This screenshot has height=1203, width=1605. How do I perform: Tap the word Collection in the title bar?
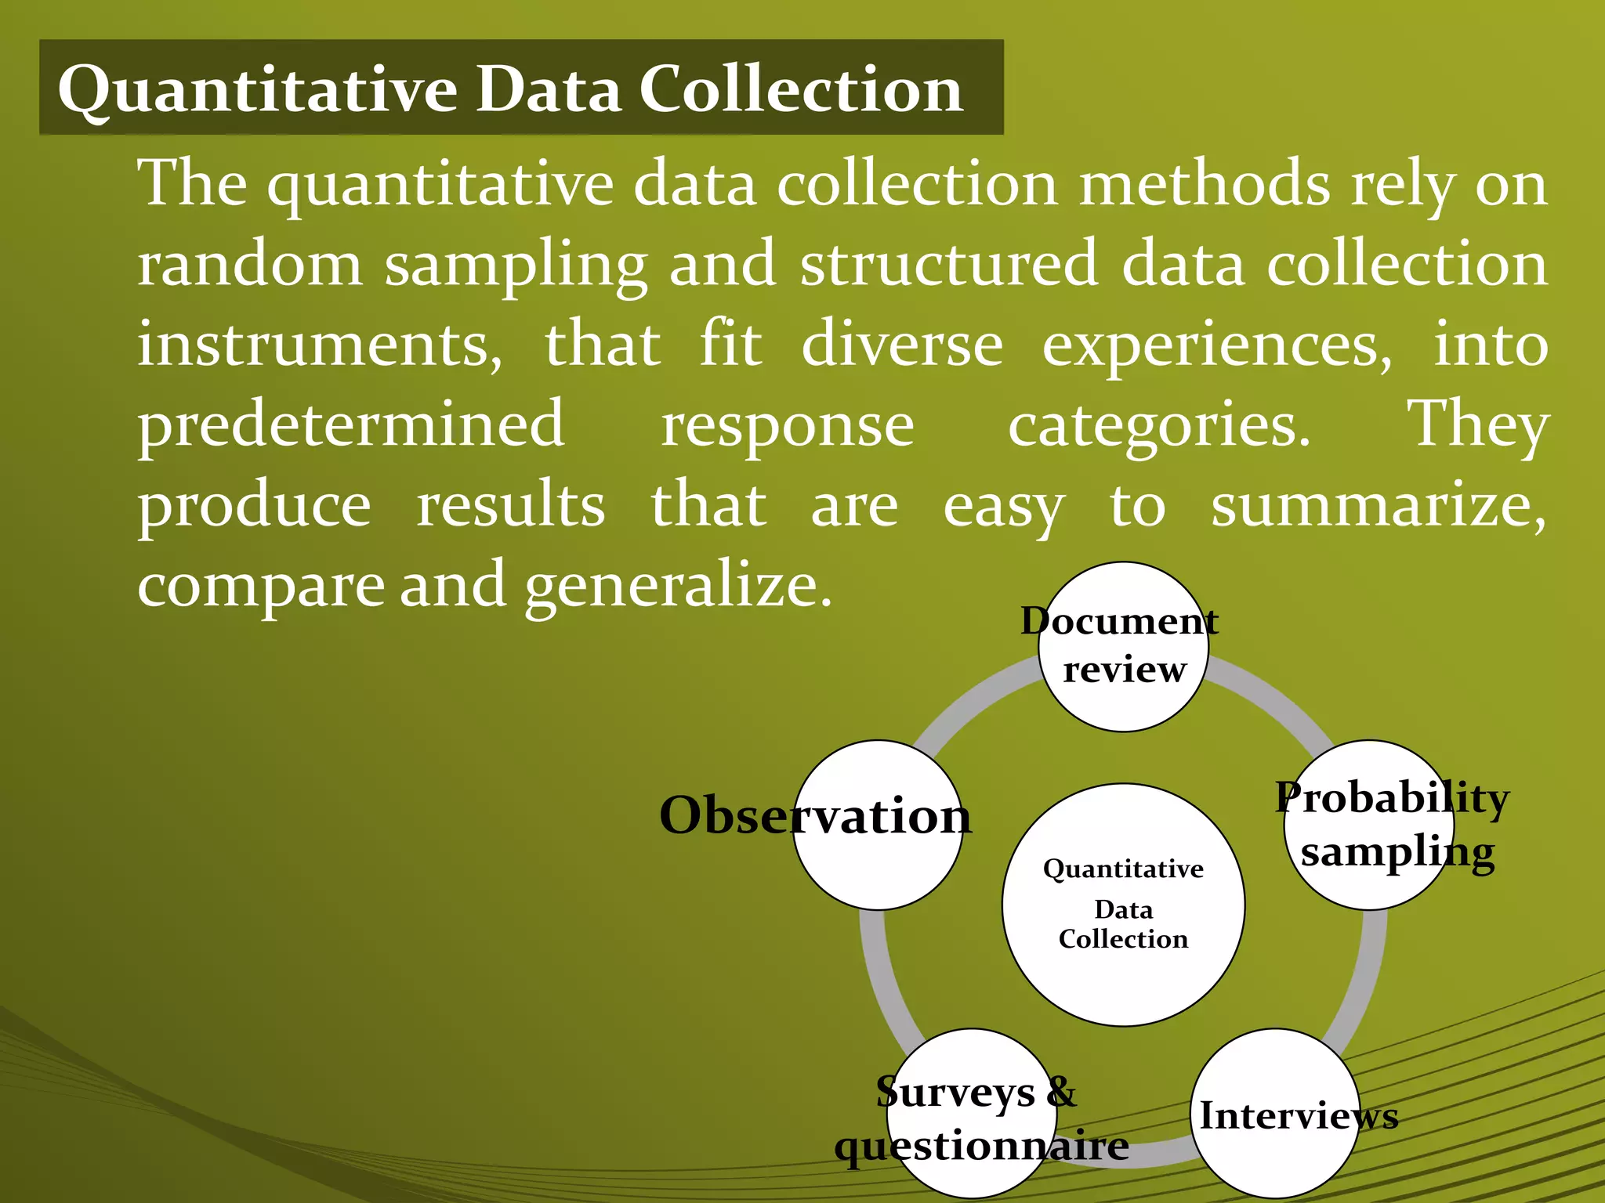[800, 89]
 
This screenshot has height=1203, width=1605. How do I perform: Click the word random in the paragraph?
[250, 265]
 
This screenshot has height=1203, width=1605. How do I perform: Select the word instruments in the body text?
[320, 345]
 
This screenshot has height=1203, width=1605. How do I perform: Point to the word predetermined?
[351, 425]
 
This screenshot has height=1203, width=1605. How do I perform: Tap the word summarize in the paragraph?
[1378, 506]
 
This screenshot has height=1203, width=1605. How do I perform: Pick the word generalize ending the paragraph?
[678, 587]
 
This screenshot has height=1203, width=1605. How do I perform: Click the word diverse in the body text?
[902, 345]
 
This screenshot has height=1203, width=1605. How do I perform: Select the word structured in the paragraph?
[948, 265]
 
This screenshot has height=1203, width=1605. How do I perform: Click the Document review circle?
[1123, 647]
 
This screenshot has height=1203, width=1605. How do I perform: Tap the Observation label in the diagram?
[815, 816]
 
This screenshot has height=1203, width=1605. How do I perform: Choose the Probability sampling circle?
[1369, 825]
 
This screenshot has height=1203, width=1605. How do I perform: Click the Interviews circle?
[1275, 1114]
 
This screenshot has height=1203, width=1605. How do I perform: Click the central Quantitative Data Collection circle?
[1123, 905]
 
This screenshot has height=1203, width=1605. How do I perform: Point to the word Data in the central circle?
[1123, 909]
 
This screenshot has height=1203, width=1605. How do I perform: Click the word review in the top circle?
[1124, 670]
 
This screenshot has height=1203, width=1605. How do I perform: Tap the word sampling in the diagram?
[1397, 852]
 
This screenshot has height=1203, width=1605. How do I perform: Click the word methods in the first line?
[1204, 185]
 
